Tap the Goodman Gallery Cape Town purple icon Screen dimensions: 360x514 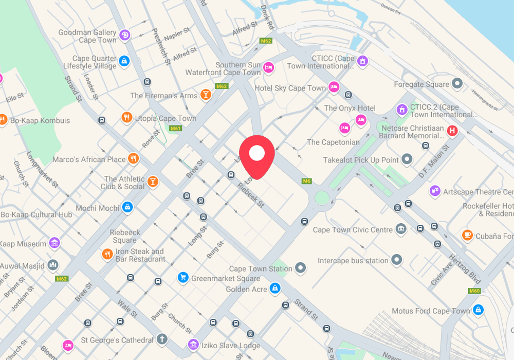pos(124,35)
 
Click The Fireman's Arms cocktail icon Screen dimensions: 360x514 pos(206,95)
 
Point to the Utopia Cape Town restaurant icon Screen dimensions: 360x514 pos(126,118)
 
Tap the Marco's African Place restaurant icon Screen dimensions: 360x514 pos(134,158)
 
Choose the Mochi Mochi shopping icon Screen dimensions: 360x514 pos(127,207)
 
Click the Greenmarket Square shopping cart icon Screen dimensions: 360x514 pos(182,278)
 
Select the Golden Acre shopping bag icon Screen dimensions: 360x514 pos(276,289)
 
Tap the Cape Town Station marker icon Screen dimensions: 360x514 pos(301,268)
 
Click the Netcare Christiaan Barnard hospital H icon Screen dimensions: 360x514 pos(452,131)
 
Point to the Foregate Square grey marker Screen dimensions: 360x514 pos(457,84)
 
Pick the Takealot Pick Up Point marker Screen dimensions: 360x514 pos(407,159)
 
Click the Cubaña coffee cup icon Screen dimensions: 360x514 pos(467,236)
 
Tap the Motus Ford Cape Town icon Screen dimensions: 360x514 pos(478,310)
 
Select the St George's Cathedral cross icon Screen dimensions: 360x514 pos(162,339)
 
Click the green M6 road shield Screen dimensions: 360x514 pos(307,181)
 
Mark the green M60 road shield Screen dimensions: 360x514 pos(474,291)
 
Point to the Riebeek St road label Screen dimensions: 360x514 pos(250,194)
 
